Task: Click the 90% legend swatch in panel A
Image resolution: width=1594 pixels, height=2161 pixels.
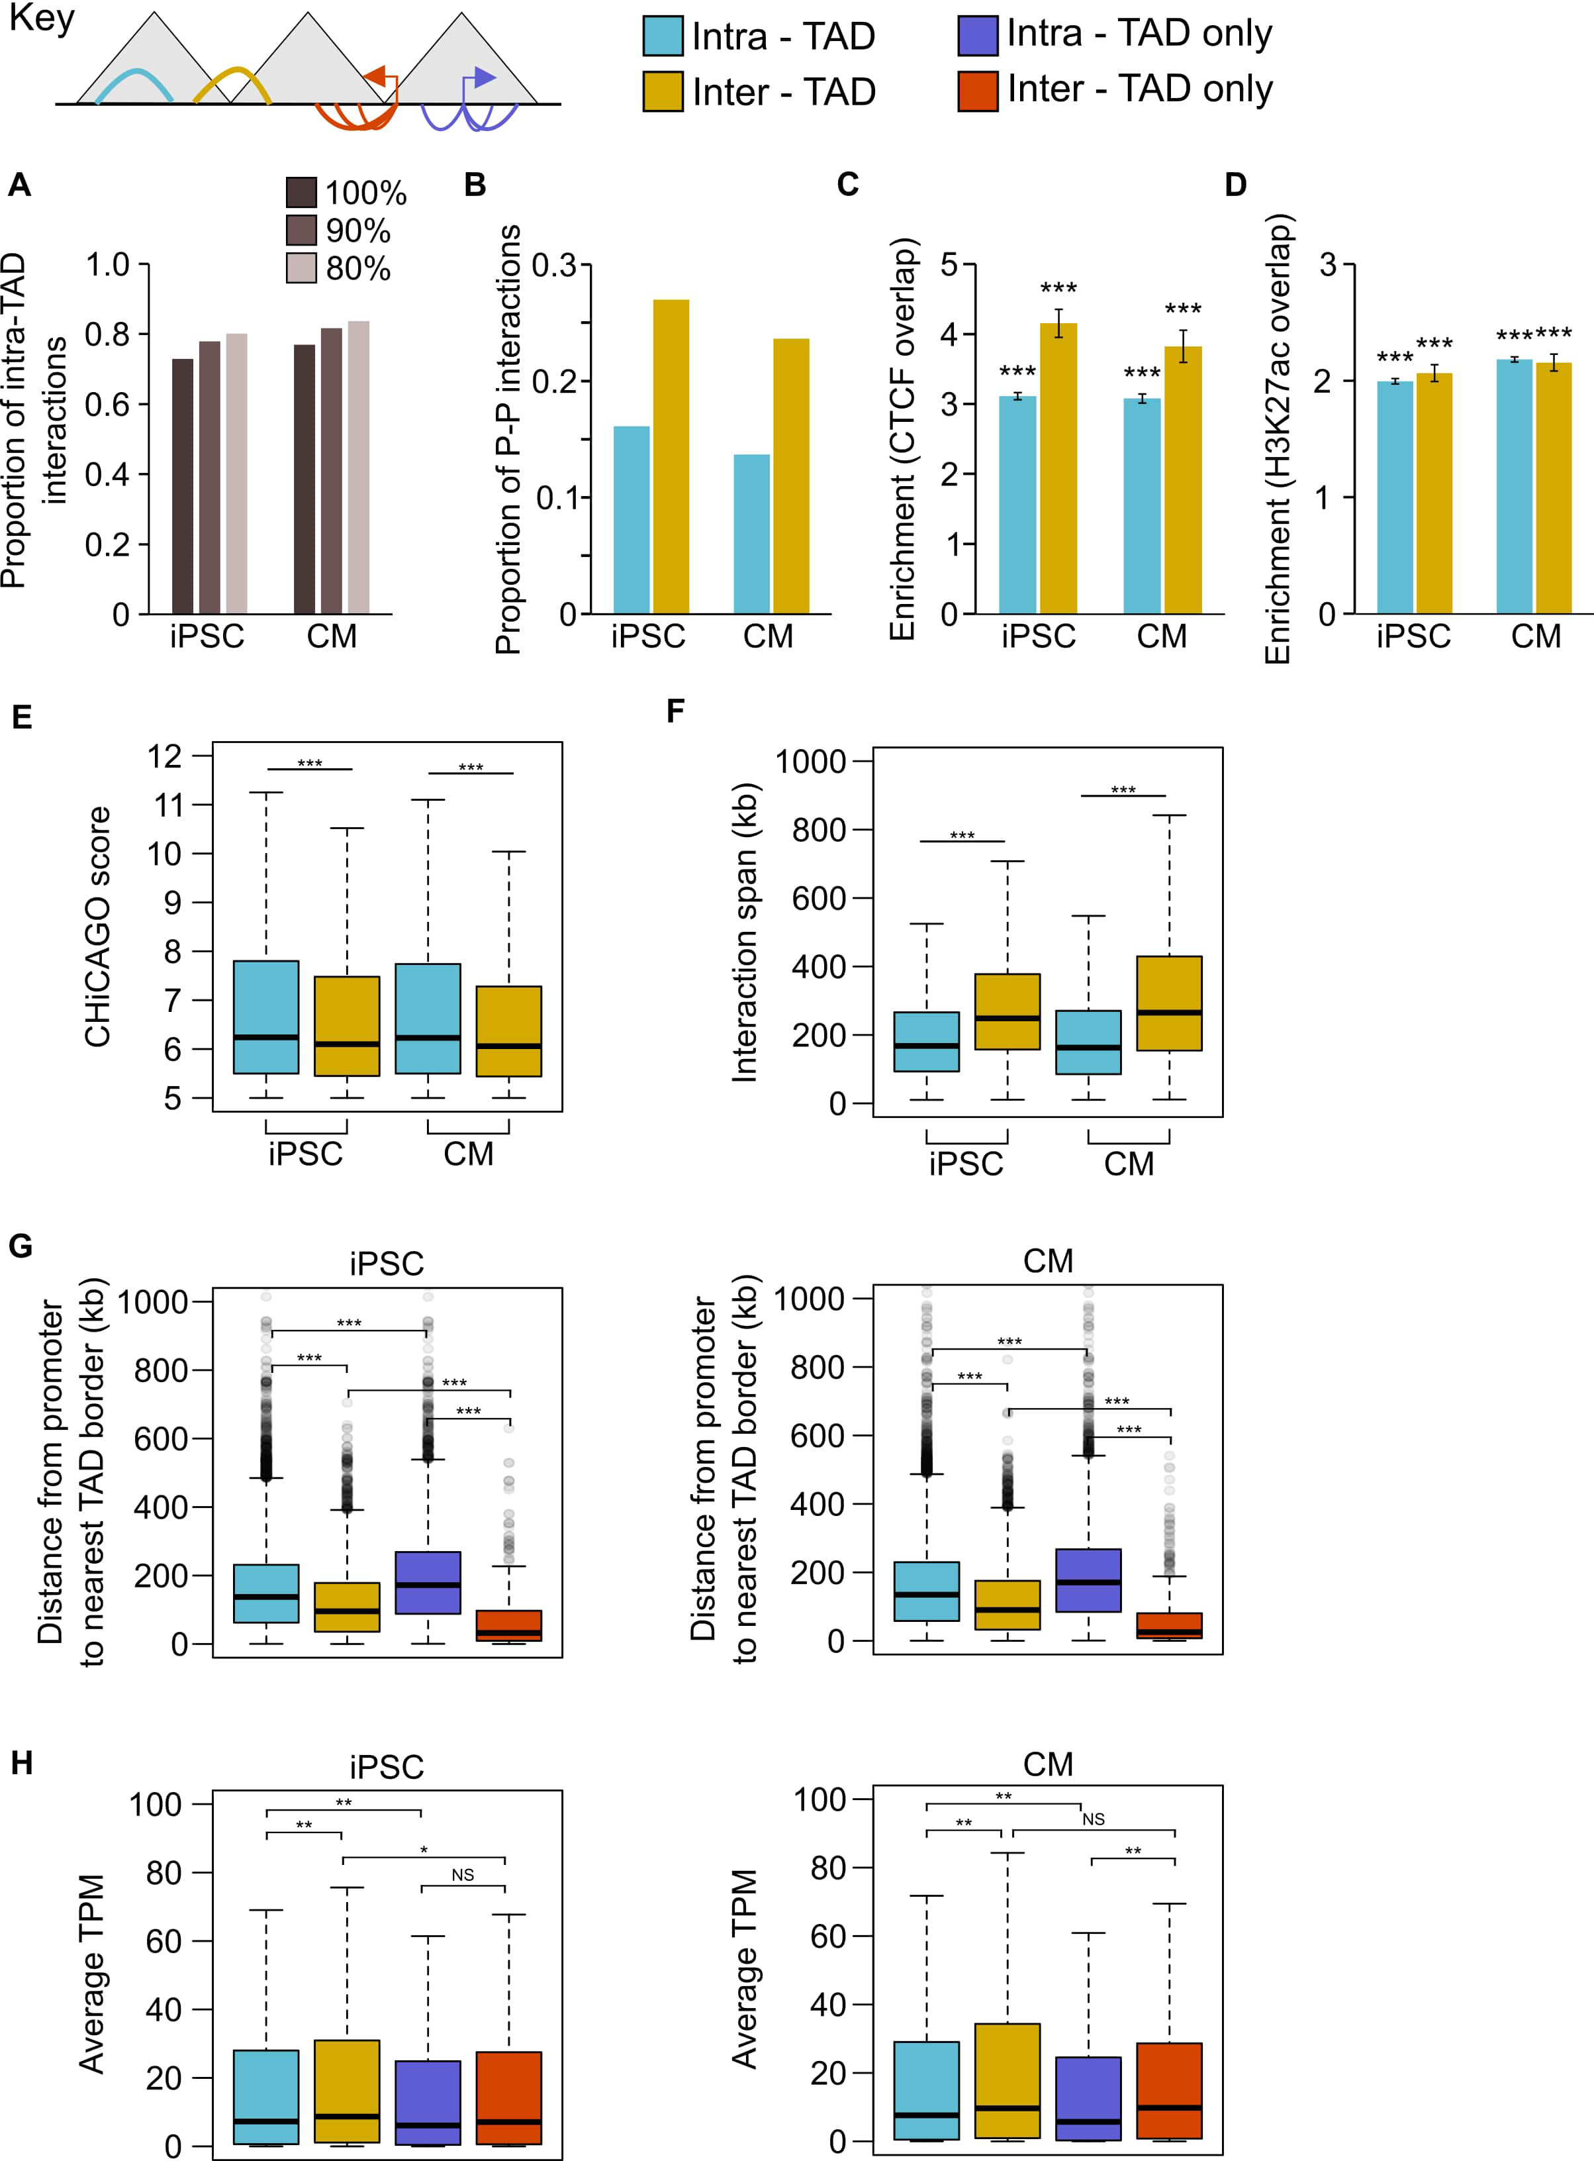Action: click(301, 230)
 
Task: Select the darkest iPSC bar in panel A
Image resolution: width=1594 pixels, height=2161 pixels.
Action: click(182, 487)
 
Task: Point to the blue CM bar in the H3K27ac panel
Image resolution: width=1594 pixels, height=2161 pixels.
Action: click(1514, 487)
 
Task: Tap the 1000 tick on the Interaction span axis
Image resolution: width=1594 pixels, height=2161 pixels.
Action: click(810, 762)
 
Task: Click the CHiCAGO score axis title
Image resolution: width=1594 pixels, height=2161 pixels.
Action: click(97, 927)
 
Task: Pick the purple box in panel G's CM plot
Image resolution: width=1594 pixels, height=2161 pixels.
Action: click(1088, 1580)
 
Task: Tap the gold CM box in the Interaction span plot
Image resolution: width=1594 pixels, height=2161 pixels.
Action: click(1170, 1003)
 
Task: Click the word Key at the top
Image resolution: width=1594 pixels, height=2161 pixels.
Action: click(42, 19)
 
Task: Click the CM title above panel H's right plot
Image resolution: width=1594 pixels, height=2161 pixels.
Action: click(1048, 1764)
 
